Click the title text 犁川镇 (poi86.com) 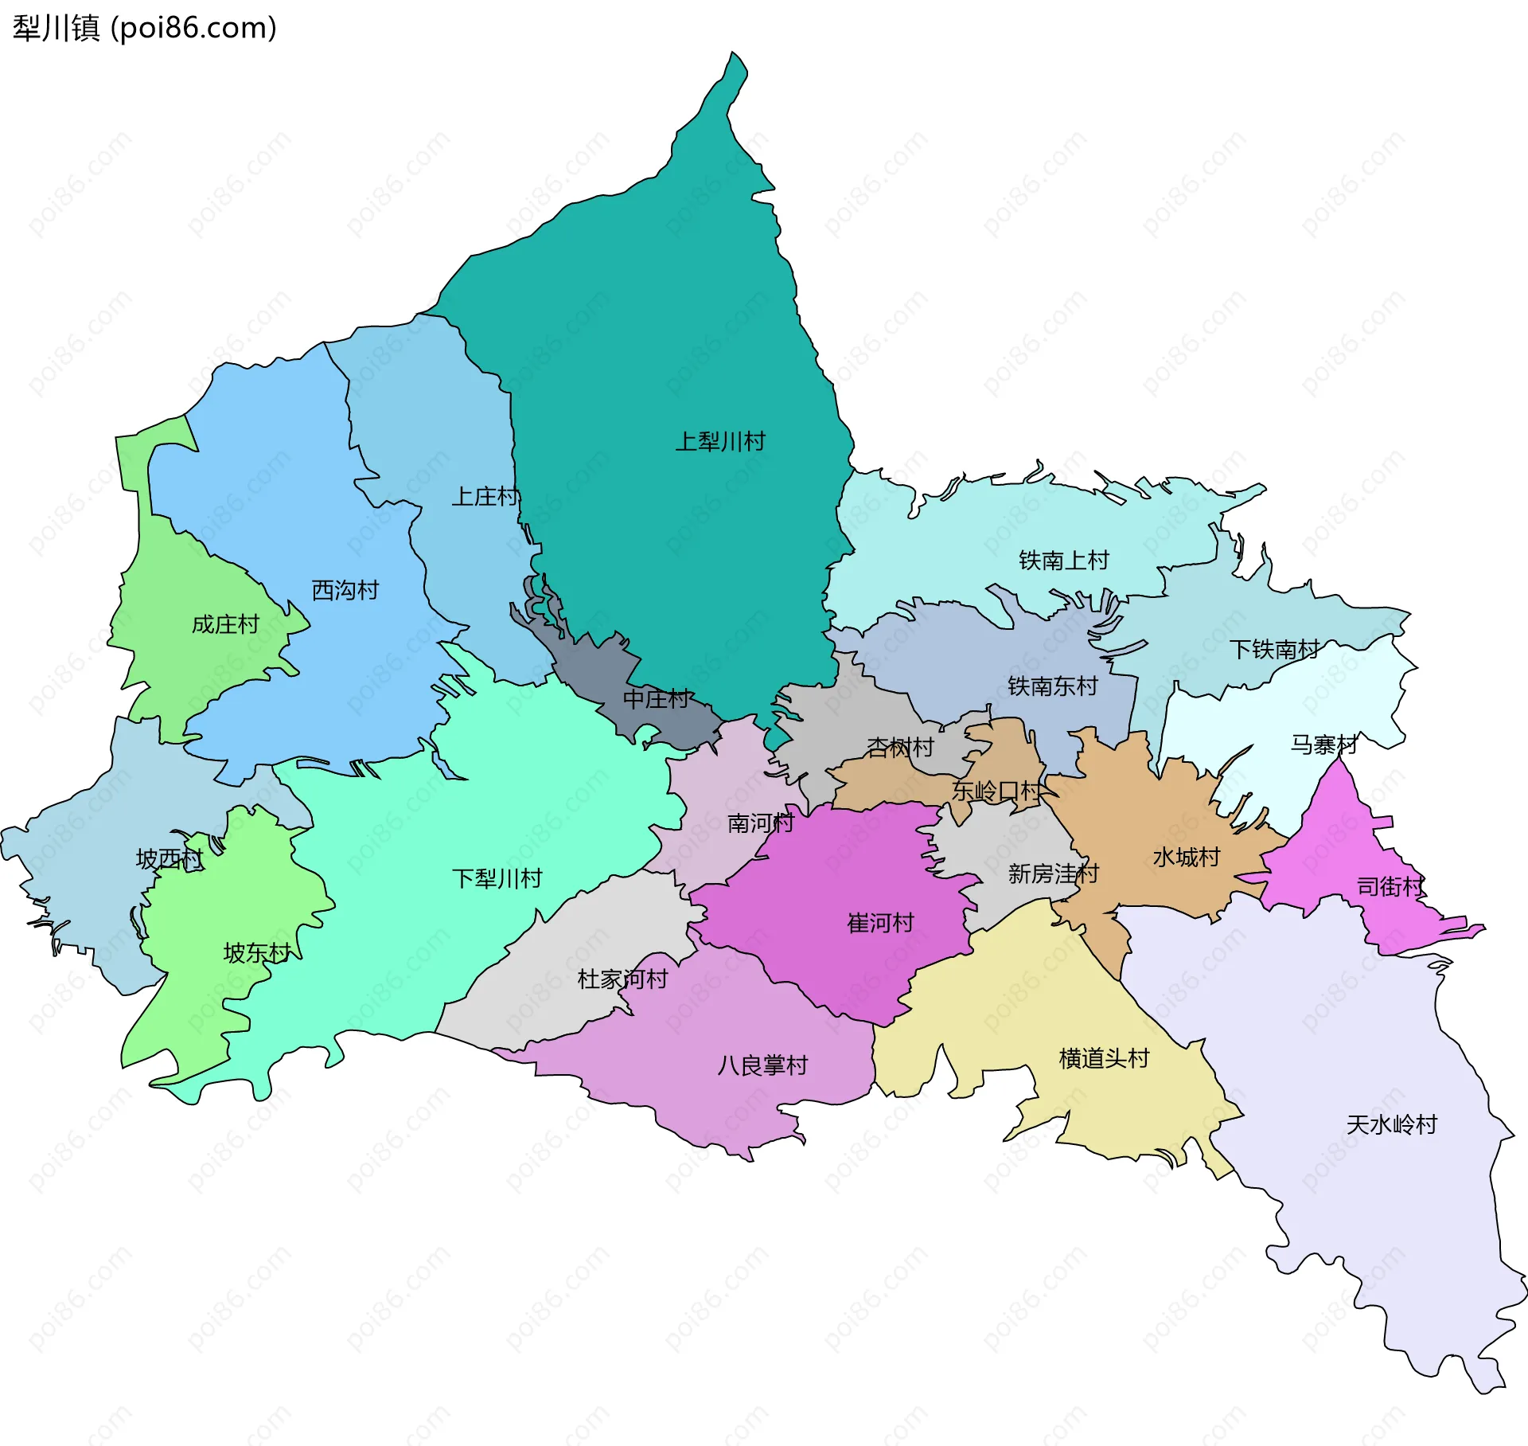pyautogui.click(x=145, y=28)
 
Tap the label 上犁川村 pyautogui.click(x=720, y=441)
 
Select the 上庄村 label pyautogui.click(x=485, y=497)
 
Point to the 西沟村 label pyautogui.click(x=345, y=590)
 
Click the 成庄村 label pyautogui.click(x=225, y=624)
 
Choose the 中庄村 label pyautogui.click(x=657, y=699)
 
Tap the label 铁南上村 pyautogui.click(x=1064, y=561)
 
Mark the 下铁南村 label pyautogui.click(x=1275, y=650)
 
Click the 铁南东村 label pyautogui.click(x=1052, y=686)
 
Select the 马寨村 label pyautogui.click(x=1323, y=744)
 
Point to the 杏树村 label pyautogui.click(x=899, y=747)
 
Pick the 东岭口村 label pyautogui.click(x=996, y=791)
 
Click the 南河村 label pyautogui.click(x=760, y=823)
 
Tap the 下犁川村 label pyautogui.click(x=497, y=878)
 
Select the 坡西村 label pyautogui.click(x=170, y=858)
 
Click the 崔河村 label pyautogui.click(x=880, y=923)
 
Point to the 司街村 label pyautogui.click(x=1390, y=886)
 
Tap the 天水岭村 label pyautogui.click(x=1392, y=1124)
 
